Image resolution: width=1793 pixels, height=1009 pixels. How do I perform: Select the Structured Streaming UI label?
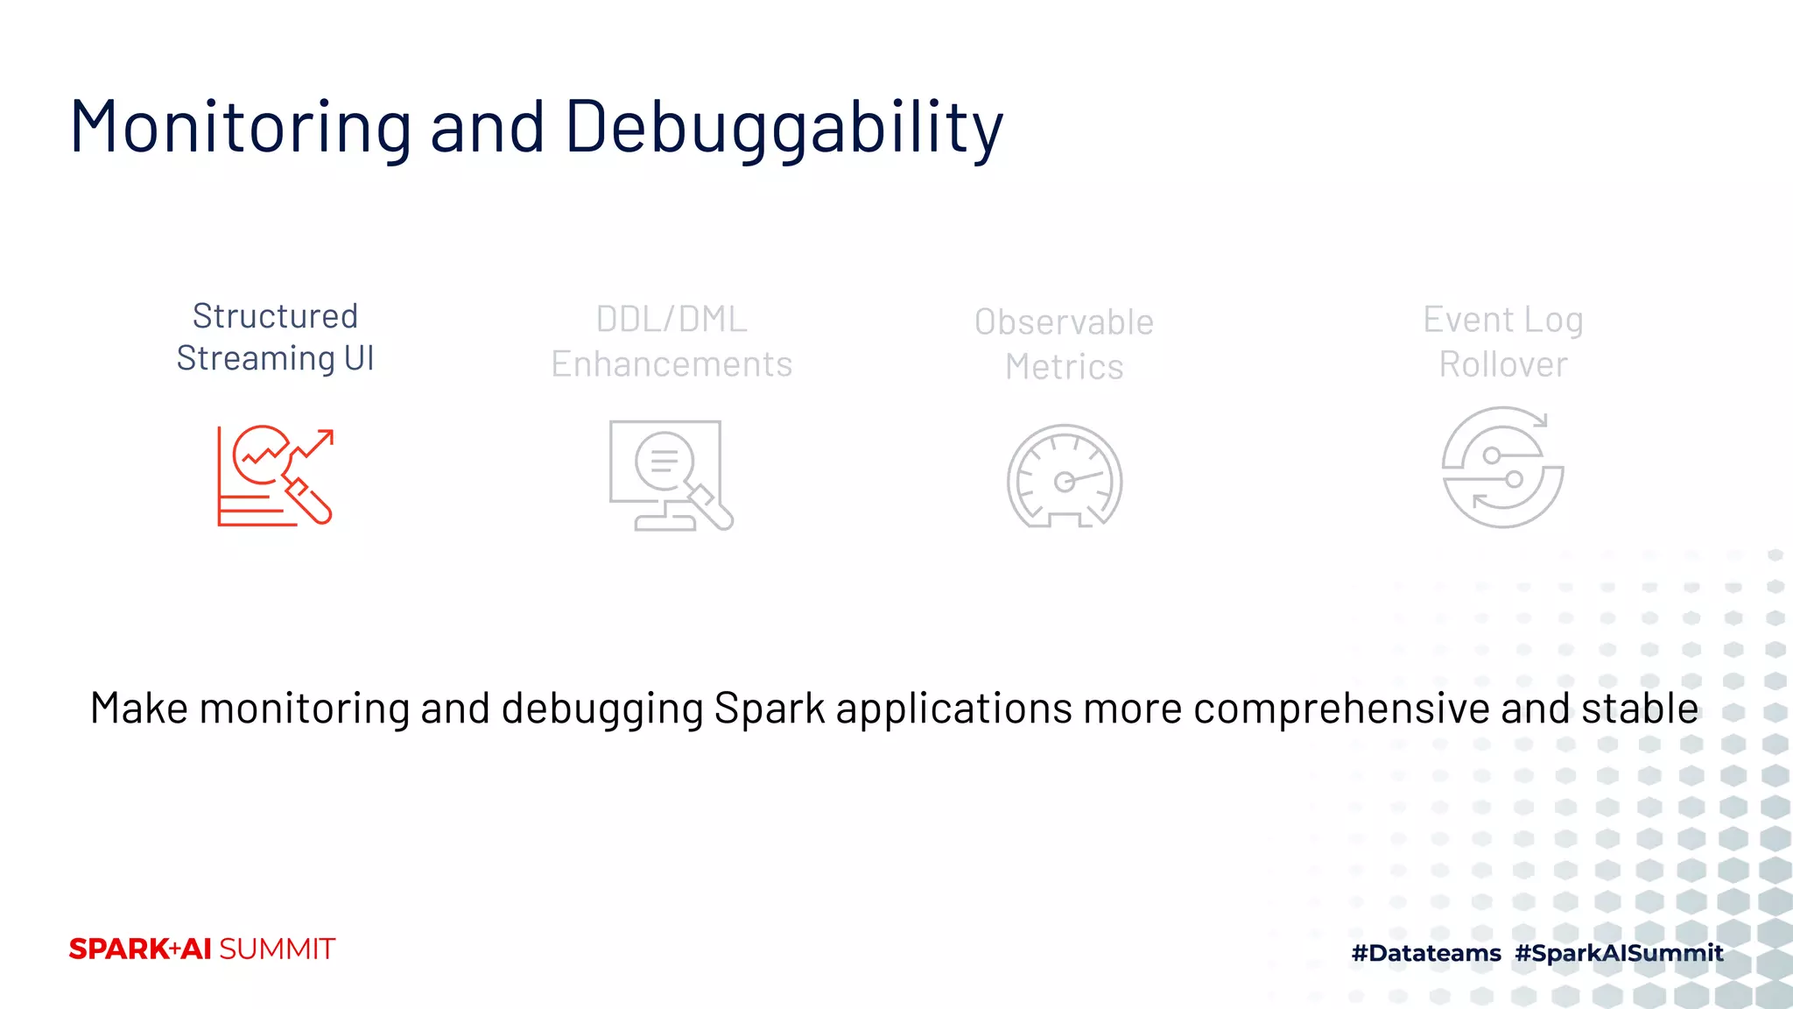point(275,337)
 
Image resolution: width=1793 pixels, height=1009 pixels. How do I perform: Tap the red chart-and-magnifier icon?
point(275,476)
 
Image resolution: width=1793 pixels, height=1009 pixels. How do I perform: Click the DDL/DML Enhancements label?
point(671,342)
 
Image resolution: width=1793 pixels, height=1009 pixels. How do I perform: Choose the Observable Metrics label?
point(1064,344)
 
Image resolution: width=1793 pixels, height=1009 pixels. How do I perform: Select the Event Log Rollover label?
point(1502,342)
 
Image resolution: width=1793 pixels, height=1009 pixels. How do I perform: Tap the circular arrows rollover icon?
point(1502,467)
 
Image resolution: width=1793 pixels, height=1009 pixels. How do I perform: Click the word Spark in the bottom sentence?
point(769,709)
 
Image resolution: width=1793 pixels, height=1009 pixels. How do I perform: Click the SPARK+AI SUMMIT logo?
point(202,949)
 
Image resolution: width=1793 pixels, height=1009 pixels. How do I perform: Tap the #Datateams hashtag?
point(1426,953)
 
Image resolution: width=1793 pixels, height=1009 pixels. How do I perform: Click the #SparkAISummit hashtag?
point(1619,953)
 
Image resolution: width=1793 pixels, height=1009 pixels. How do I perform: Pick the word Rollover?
point(1502,364)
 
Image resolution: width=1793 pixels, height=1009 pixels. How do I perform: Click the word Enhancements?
point(671,364)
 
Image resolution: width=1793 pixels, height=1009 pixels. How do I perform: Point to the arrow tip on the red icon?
point(330,433)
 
